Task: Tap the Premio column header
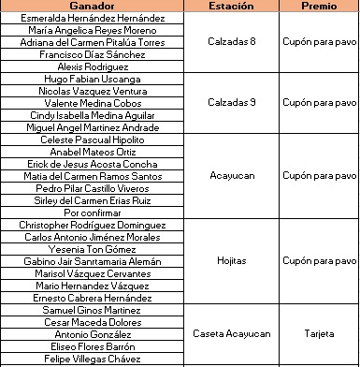(x=319, y=6)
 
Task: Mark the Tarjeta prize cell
(x=319, y=333)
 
